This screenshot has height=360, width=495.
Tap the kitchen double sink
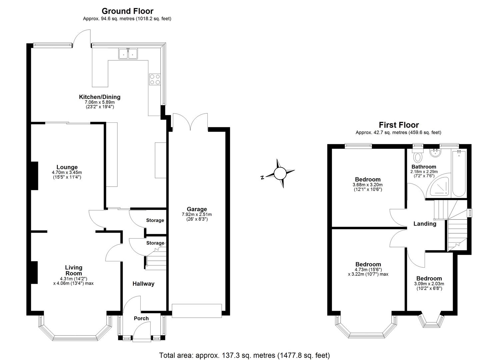(x=128, y=53)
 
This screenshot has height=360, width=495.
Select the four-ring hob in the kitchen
(x=155, y=79)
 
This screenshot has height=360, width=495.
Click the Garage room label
(x=197, y=209)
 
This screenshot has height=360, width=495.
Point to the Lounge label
(x=67, y=167)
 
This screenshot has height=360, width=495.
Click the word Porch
(x=141, y=318)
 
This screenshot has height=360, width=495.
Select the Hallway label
(x=143, y=284)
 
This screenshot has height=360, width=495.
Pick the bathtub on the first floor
(x=459, y=173)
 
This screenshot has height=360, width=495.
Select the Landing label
(x=425, y=224)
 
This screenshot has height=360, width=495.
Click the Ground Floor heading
(x=127, y=11)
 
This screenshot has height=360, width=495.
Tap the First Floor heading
(x=398, y=125)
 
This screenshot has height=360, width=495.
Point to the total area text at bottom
(x=244, y=355)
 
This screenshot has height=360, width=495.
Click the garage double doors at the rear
(x=190, y=123)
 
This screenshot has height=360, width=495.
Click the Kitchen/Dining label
(x=99, y=97)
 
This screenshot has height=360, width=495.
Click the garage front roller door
(x=197, y=310)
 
